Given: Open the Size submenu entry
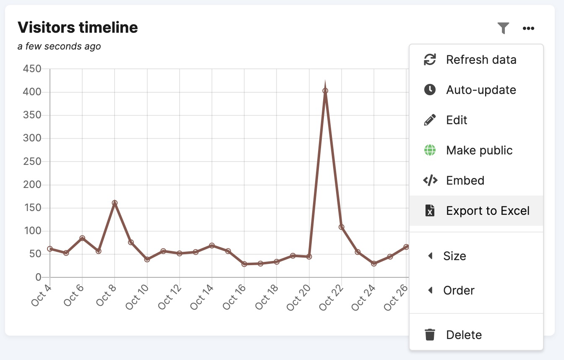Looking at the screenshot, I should coord(454,256).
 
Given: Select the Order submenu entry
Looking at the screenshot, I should coord(459,290).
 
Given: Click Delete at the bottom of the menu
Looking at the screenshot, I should coord(464,335).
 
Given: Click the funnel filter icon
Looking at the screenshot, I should coord(503,28).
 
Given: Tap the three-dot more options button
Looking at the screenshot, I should coord(528,28).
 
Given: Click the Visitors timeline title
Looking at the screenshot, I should coord(78,27).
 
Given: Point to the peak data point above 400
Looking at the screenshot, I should coord(325,91).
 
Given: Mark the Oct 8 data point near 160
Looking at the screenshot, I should coord(115,203).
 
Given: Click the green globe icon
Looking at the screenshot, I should coord(430,150).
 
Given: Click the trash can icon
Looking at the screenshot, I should coord(430,335).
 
